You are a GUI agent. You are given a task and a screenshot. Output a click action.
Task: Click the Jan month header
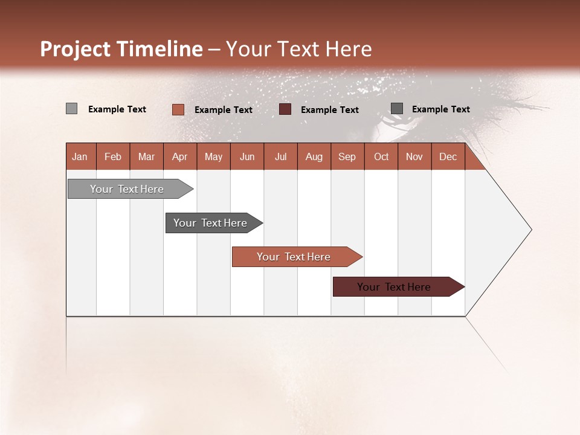80,156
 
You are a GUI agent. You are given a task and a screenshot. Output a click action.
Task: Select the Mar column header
146,156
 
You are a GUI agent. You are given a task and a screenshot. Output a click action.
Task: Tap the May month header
213,156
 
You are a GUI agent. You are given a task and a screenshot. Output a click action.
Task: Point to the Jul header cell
280,156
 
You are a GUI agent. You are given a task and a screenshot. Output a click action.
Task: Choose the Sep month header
347,156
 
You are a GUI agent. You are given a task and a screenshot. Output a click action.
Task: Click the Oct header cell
381,156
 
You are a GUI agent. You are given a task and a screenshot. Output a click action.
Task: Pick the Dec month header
448,156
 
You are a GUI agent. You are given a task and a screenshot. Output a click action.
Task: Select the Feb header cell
113,156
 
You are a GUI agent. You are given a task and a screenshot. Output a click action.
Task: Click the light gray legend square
72,109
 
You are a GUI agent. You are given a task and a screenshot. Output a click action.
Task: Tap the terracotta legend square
178,109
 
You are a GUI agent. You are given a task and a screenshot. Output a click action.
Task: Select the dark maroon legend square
285,109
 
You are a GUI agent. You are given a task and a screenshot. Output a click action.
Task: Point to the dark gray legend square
397,109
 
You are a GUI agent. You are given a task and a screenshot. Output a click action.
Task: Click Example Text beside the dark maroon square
329,110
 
